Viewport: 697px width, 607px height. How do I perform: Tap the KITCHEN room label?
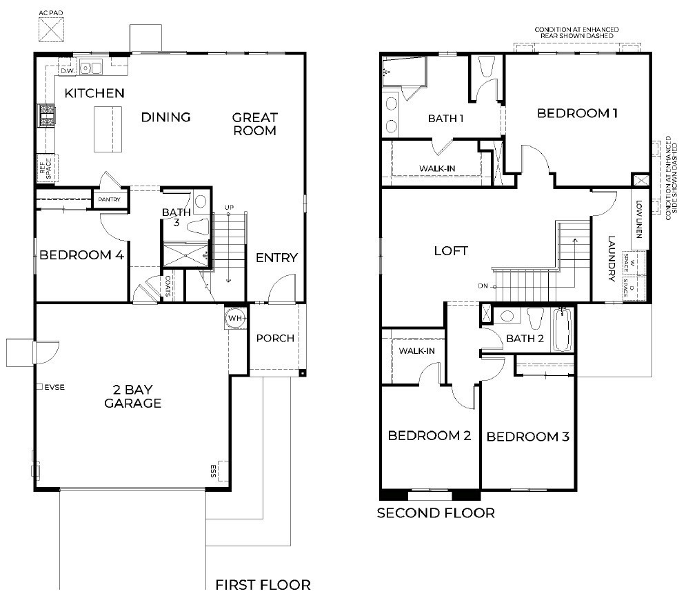coord(94,93)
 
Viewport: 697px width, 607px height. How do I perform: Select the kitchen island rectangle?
coord(108,129)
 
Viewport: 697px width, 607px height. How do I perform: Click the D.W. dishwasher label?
coord(67,70)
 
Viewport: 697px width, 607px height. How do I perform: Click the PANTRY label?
coord(109,199)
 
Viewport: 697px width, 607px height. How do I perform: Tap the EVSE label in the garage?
coord(54,387)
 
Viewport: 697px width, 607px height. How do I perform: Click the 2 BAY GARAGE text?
coord(132,396)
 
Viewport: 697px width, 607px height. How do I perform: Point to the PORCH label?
coord(275,338)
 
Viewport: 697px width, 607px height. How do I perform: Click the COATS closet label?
coord(168,286)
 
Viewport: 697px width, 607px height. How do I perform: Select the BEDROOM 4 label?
coord(81,255)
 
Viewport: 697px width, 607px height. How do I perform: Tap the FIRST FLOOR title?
coord(263,585)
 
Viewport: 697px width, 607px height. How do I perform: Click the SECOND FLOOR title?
coord(435,513)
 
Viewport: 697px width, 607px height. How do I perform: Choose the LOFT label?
coord(451,251)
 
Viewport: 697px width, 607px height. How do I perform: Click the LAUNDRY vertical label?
coord(612,259)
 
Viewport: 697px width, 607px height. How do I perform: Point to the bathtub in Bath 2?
coord(562,330)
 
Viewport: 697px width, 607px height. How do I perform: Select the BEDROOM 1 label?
coord(577,114)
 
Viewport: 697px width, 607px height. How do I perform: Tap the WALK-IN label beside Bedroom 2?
coord(416,351)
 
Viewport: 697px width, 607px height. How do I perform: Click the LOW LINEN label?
coord(639,219)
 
